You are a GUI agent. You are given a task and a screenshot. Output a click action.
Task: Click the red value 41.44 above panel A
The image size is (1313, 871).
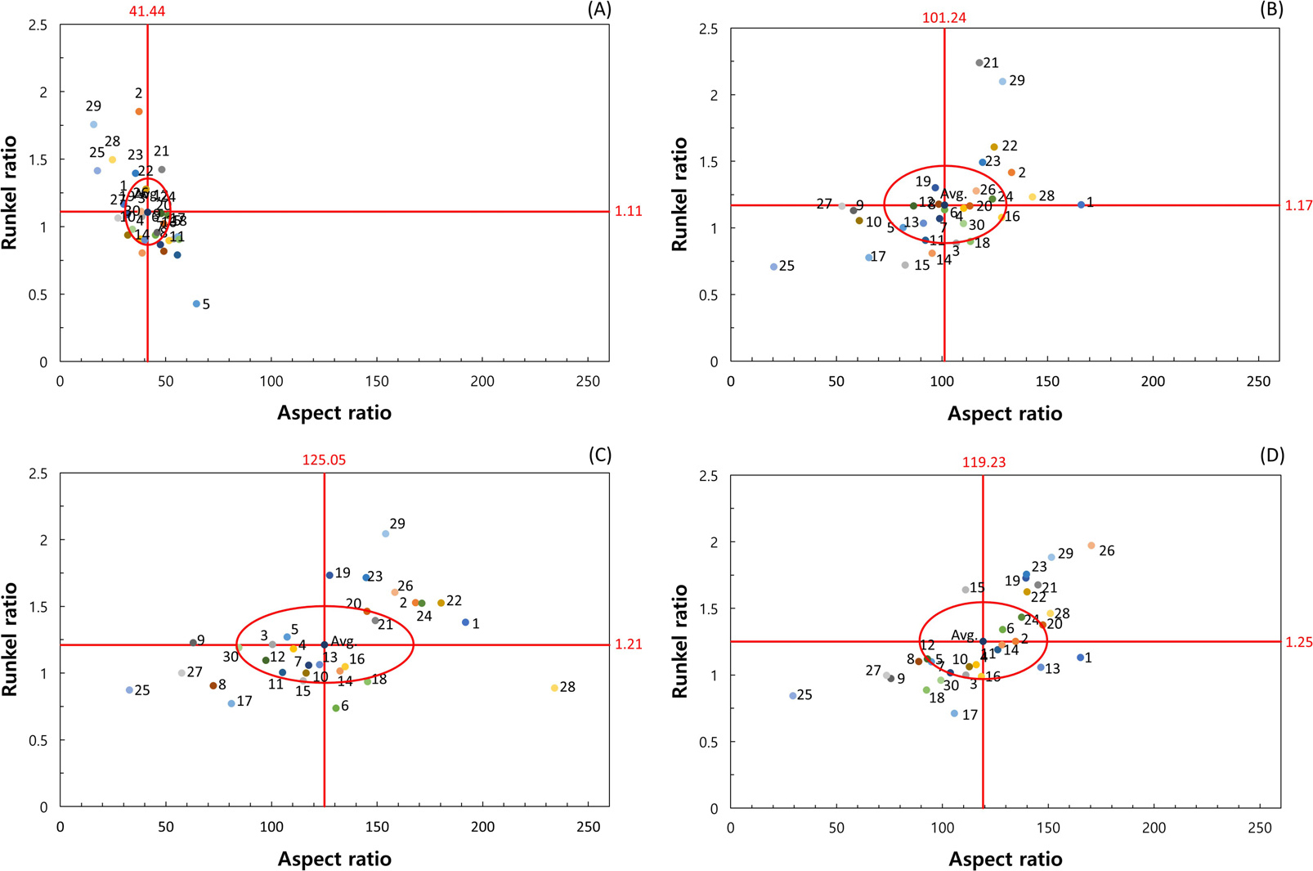coord(147,11)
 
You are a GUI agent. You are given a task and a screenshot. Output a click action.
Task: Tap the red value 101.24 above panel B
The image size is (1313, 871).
coord(943,17)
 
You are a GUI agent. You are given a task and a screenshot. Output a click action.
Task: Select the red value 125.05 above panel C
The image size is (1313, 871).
coord(324,460)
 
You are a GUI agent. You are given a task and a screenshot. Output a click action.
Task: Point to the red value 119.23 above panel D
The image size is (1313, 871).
coord(984,462)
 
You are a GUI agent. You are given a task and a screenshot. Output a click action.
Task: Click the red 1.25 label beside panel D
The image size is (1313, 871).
coord(1298,642)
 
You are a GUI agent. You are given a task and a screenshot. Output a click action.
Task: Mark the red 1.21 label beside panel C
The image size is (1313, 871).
coord(629,644)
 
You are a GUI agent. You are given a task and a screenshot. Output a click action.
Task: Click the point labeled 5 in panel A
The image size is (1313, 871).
coord(196,304)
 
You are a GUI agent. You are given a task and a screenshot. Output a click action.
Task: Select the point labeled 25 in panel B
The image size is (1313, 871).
coord(773,267)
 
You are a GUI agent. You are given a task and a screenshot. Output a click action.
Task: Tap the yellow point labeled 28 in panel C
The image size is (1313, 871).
coord(554,689)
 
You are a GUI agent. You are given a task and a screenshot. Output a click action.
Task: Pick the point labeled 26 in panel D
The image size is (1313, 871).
coord(1091,545)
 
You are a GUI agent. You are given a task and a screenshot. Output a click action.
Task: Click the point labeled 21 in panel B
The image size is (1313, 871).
coord(979,63)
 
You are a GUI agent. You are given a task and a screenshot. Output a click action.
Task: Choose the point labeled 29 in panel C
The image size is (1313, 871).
coord(386,534)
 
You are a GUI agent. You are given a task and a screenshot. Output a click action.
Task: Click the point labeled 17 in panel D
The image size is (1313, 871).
coord(954,714)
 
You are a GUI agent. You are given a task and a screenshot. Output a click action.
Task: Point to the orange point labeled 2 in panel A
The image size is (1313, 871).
coord(139,111)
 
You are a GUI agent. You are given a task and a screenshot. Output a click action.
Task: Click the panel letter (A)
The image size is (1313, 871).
coord(599,10)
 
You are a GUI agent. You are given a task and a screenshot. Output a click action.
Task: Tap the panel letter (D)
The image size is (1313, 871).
coord(1272,456)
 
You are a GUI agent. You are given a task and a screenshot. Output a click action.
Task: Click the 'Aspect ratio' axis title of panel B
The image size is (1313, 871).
coord(1005,414)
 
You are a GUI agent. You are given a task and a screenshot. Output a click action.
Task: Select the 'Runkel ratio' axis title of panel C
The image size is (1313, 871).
coord(10,640)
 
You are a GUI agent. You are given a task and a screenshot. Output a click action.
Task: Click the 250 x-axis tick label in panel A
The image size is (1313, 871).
coord(588,382)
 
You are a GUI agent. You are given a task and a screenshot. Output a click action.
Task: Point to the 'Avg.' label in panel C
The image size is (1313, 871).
coord(343,642)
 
